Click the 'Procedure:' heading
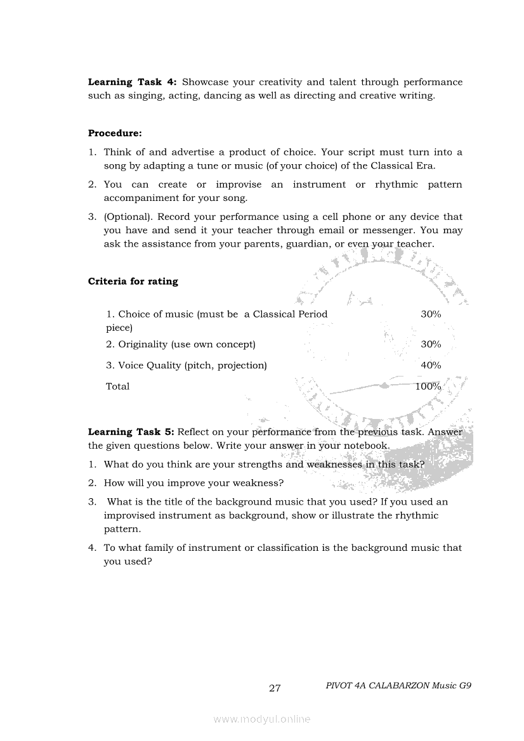tap(115, 133)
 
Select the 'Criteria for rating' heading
tap(133, 281)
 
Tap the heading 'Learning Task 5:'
tap(131, 432)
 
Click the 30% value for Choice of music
tap(431, 314)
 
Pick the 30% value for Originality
tap(431, 344)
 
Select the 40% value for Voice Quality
tap(431, 365)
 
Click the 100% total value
tap(428, 386)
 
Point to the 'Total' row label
tap(117, 386)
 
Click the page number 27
tap(275, 688)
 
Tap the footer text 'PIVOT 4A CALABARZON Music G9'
tap(398, 685)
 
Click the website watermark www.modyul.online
tap(262, 719)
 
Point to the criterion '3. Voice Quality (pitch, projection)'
tap(186, 365)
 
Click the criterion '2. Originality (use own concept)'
tap(180, 344)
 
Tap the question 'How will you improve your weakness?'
tap(193, 482)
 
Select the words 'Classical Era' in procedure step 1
tap(405, 165)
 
